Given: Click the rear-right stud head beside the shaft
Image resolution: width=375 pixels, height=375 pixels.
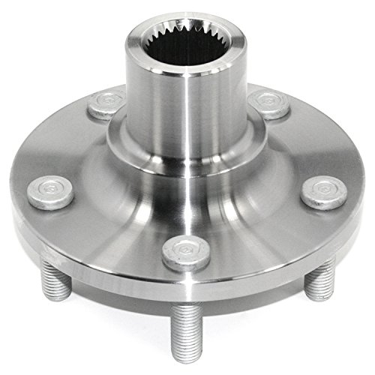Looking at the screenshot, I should click(x=268, y=103).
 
